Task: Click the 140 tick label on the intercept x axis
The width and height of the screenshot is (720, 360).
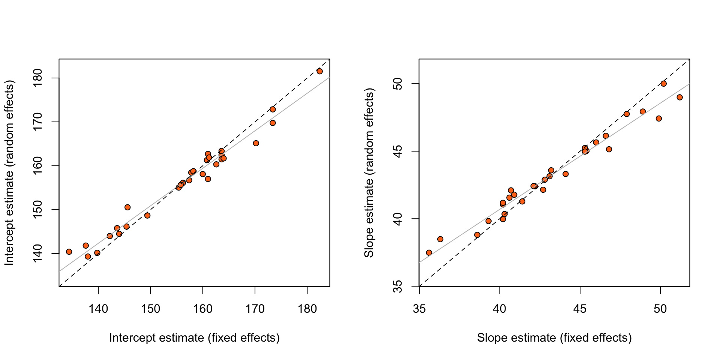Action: tap(98, 309)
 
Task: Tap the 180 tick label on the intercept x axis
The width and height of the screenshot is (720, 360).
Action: tap(307, 309)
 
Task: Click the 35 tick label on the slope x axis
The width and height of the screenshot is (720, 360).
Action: tap(419, 309)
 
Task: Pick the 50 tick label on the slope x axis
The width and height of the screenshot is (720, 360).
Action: tap(660, 309)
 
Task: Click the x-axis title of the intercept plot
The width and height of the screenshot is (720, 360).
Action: tap(194, 338)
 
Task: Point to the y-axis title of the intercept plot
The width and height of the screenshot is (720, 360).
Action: tap(9, 172)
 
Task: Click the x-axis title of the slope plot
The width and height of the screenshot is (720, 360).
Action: tap(554, 338)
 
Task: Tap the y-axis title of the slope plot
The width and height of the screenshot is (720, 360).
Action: tap(369, 172)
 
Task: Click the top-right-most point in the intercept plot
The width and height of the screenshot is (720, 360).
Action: tap(320, 71)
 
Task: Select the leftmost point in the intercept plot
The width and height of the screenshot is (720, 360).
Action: tap(69, 252)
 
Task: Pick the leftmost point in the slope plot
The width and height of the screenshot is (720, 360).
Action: tap(429, 253)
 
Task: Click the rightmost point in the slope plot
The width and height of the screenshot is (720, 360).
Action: tap(679, 97)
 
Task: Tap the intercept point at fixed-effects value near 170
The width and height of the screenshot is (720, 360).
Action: tap(256, 143)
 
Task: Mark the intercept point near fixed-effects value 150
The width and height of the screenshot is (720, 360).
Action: tap(147, 216)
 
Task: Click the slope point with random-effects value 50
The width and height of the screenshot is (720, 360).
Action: tap(664, 84)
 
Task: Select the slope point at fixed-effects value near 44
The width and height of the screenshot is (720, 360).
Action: tap(565, 174)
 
